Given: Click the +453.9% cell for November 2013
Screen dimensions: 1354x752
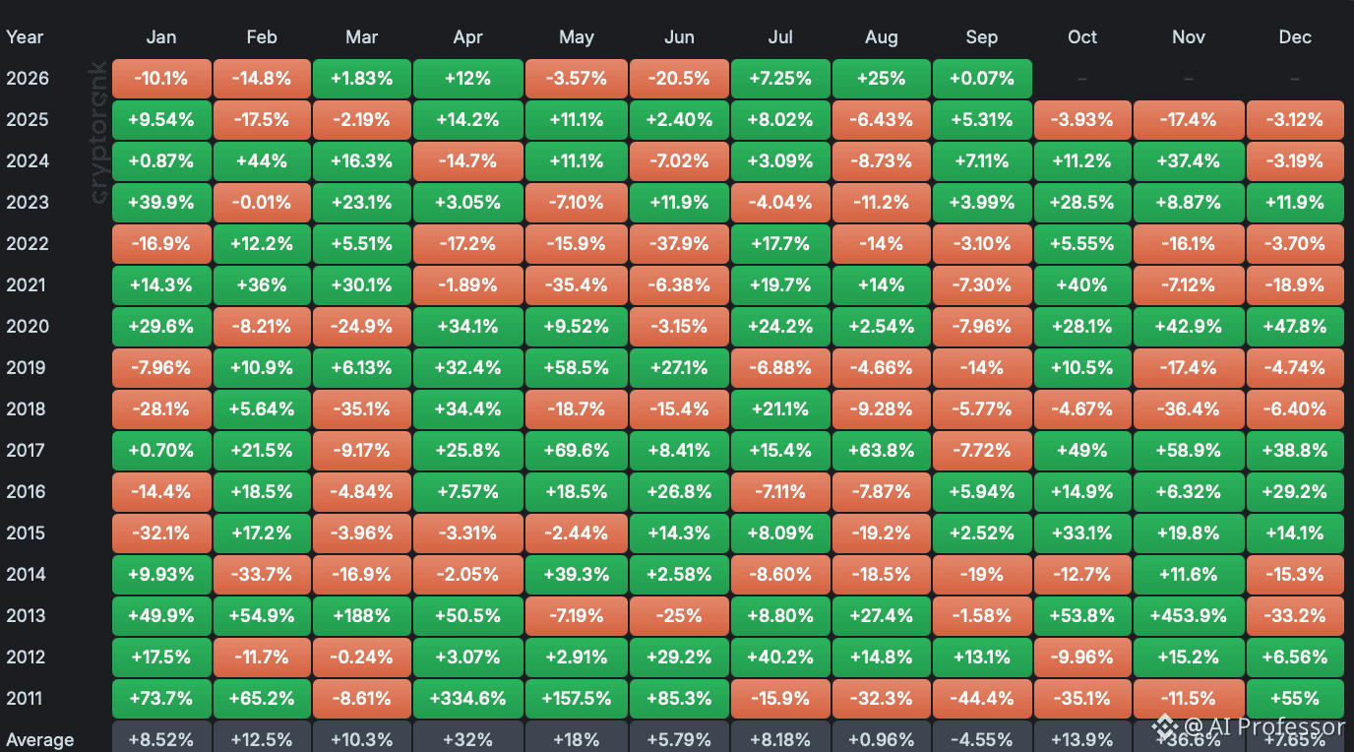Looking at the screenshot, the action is [1189, 615].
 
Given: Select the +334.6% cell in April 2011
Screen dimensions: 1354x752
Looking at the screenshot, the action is [467, 698].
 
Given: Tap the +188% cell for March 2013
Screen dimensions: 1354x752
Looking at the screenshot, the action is [361, 615].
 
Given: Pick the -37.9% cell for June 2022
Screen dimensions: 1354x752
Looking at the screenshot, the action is [679, 244].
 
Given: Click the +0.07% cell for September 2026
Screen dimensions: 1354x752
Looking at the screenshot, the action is [982, 79].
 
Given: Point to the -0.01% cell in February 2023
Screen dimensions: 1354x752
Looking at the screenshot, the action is [262, 202].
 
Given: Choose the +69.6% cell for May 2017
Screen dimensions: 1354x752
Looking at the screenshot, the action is [576, 451].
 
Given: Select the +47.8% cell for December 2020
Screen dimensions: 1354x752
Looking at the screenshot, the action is [1295, 327].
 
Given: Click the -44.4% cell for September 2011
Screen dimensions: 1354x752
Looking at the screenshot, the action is [982, 698].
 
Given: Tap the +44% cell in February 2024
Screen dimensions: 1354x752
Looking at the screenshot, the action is [262, 160].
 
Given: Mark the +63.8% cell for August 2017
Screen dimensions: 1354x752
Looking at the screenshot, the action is [882, 451].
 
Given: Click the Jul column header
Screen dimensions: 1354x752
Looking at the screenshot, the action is [779, 37].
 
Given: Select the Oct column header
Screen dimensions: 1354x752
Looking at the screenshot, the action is [1082, 37].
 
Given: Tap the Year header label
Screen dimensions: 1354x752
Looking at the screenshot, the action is [25, 37].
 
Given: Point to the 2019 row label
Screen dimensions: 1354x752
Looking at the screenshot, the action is [26, 367].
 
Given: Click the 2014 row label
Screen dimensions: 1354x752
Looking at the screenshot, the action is [26, 574].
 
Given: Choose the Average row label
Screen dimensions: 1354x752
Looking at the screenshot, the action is [40, 740].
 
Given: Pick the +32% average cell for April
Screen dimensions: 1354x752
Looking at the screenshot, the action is [467, 739].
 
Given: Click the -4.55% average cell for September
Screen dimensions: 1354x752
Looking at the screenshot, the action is [982, 739].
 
